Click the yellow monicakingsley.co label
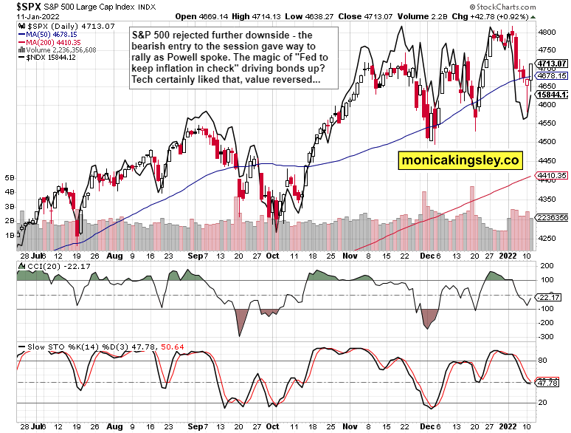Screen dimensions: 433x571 click(460, 160)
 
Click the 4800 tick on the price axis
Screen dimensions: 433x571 click(547, 33)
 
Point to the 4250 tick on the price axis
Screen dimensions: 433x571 click(547, 237)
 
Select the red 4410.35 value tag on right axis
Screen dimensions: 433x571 click(552, 176)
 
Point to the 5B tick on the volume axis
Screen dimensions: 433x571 click(10, 178)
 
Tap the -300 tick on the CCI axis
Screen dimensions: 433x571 click(548, 336)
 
